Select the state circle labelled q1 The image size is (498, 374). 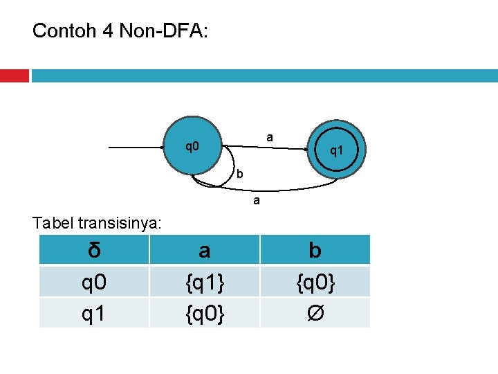[x=335, y=150]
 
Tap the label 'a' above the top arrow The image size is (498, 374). [x=270, y=138]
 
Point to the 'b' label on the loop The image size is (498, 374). [x=239, y=173]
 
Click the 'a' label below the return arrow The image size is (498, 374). [x=256, y=202]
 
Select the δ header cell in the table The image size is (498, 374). [x=94, y=250]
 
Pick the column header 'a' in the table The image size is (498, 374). [x=204, y=250]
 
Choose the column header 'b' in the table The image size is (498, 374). [x=315, y=250]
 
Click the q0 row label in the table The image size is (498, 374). [x=94, y=281]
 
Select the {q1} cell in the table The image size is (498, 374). [x=204, y=281]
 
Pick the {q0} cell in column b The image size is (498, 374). [x=315, y=281]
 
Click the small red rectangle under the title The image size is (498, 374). [x=14, y=75]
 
